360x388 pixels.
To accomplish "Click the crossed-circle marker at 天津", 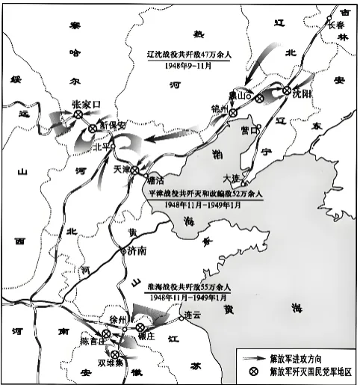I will (x=134, y=170).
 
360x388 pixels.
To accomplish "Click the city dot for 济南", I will (x=123, y=251).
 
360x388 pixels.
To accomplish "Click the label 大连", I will (x=232, y=177).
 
